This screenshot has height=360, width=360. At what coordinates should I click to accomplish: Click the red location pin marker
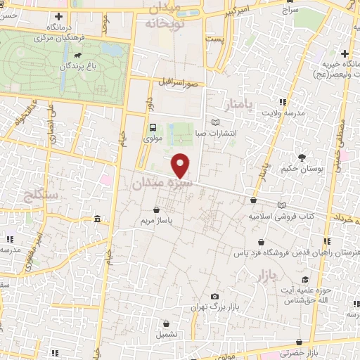pos(181,165)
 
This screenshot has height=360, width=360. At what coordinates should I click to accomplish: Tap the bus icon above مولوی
pos(153,127)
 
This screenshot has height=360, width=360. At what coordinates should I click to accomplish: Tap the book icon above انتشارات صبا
pos(215,122)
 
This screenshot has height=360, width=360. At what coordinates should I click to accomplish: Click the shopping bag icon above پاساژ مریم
pos(156,209)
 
